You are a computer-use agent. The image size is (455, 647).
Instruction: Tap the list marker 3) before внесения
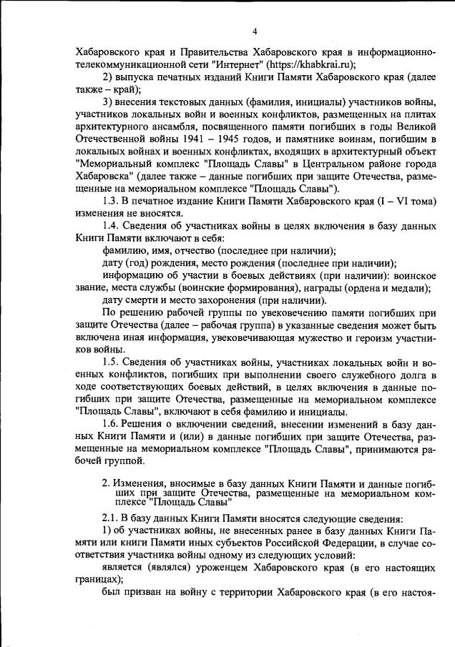click(109, 103)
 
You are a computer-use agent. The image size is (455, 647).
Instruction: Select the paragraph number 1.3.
click(110, 201)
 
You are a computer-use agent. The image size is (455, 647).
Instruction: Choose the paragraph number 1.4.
click(110, 226)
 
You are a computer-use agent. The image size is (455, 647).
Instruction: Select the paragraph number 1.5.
click(110, 363)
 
